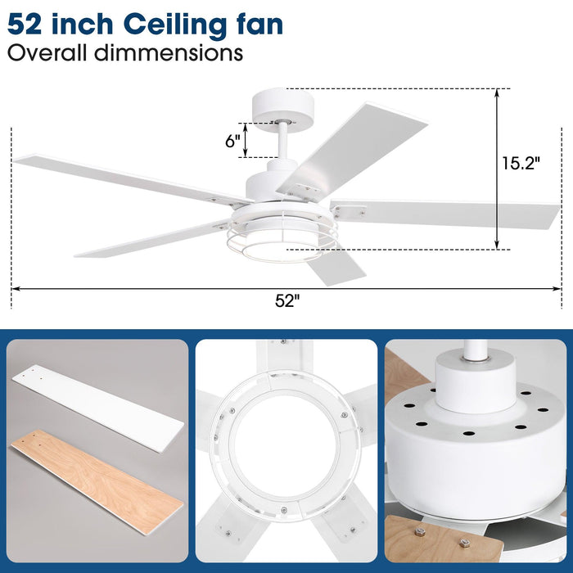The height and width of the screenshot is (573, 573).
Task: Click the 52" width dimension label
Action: click(x=287, y=300)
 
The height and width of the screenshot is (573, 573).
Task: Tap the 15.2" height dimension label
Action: click(x=521, y=163)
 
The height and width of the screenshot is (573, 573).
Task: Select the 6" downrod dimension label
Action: click(x=232, y=140)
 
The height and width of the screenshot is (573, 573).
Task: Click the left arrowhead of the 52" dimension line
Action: click(x=15, y=288)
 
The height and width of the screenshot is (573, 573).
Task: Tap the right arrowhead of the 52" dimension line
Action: click(x=558, y=288)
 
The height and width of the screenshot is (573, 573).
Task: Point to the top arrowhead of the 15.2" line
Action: click(x=497, y=92)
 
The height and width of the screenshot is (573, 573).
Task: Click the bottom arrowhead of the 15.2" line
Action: click(x=497, y=245)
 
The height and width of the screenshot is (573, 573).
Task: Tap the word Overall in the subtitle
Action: click(x=46, y=53)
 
